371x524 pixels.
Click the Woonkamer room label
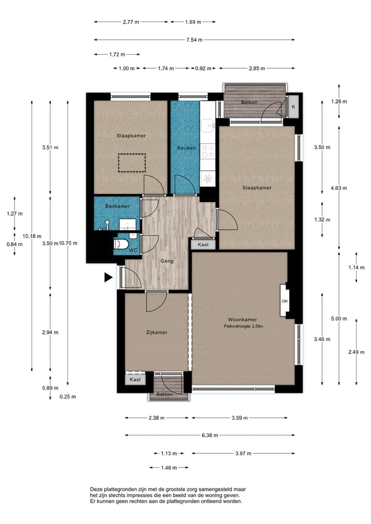point(242,319)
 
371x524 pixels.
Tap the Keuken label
point(186,148)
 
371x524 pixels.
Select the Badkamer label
point(117,206)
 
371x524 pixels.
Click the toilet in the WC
point(121,244)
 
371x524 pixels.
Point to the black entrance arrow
point(108,277)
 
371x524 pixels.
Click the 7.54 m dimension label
point(195,40)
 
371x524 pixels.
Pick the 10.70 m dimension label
point(68,243)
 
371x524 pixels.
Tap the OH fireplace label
point(284,301)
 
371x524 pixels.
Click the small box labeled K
point(294,107)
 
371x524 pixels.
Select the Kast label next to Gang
point(203,245)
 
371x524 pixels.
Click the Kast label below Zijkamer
point(135,379)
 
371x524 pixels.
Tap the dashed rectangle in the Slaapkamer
point(132,163)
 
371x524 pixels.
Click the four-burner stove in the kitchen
point(208,150)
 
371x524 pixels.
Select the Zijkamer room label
point(157,332)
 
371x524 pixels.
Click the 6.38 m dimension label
point(210,435)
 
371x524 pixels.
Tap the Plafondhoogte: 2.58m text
point(243,326)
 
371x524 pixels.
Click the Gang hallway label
point(167,261)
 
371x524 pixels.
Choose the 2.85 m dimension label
point(257,68)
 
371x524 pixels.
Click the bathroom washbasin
point(127,224)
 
